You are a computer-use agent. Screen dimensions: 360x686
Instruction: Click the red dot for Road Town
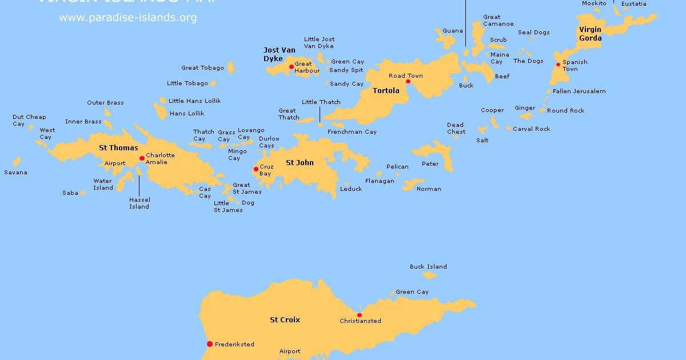pos(408,82)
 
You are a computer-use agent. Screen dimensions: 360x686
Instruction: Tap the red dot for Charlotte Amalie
pos(142,158)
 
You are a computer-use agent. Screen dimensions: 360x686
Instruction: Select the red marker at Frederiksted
pos(210,344)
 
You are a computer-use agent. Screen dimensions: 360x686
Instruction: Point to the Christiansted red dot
pos(359,315)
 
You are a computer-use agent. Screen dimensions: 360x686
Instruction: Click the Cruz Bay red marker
pos(256,169)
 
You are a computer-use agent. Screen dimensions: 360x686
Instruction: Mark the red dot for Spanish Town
pos(558,65)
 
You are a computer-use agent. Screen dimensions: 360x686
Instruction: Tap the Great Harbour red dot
pos(291,67)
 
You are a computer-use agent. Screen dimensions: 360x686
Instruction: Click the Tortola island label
pos(386,91)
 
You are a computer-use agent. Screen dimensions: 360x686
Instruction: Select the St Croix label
pos(285,320)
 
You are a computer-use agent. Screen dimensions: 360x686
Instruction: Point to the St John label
pos(300,163)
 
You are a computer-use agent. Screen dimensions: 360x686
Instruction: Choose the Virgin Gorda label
pos(590,34)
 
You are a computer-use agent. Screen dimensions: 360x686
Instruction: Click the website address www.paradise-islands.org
pos(127,18)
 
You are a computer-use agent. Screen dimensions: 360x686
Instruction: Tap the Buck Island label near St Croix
pos(428,267)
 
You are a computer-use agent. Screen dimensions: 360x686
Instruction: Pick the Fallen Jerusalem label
pos(579,91)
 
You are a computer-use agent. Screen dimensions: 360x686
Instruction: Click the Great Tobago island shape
pos(231,67)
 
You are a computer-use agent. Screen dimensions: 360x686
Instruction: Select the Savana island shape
pos(17,162)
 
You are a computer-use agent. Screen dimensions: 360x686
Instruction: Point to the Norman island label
pos(429,189)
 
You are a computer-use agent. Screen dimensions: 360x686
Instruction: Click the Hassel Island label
pos(139,203)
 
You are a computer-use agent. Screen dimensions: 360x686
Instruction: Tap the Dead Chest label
pos(456,129)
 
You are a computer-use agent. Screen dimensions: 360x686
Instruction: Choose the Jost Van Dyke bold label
pos(280,54)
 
